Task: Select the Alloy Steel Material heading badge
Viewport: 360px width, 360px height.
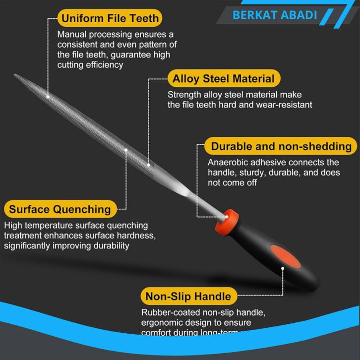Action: [223, 78]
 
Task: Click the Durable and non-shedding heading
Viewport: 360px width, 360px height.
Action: [281, 147]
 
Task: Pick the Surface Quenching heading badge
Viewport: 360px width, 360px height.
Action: [60, 208]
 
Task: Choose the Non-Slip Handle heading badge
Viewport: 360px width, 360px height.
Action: [188, 297]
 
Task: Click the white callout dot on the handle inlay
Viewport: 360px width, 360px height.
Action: [283, 268]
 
